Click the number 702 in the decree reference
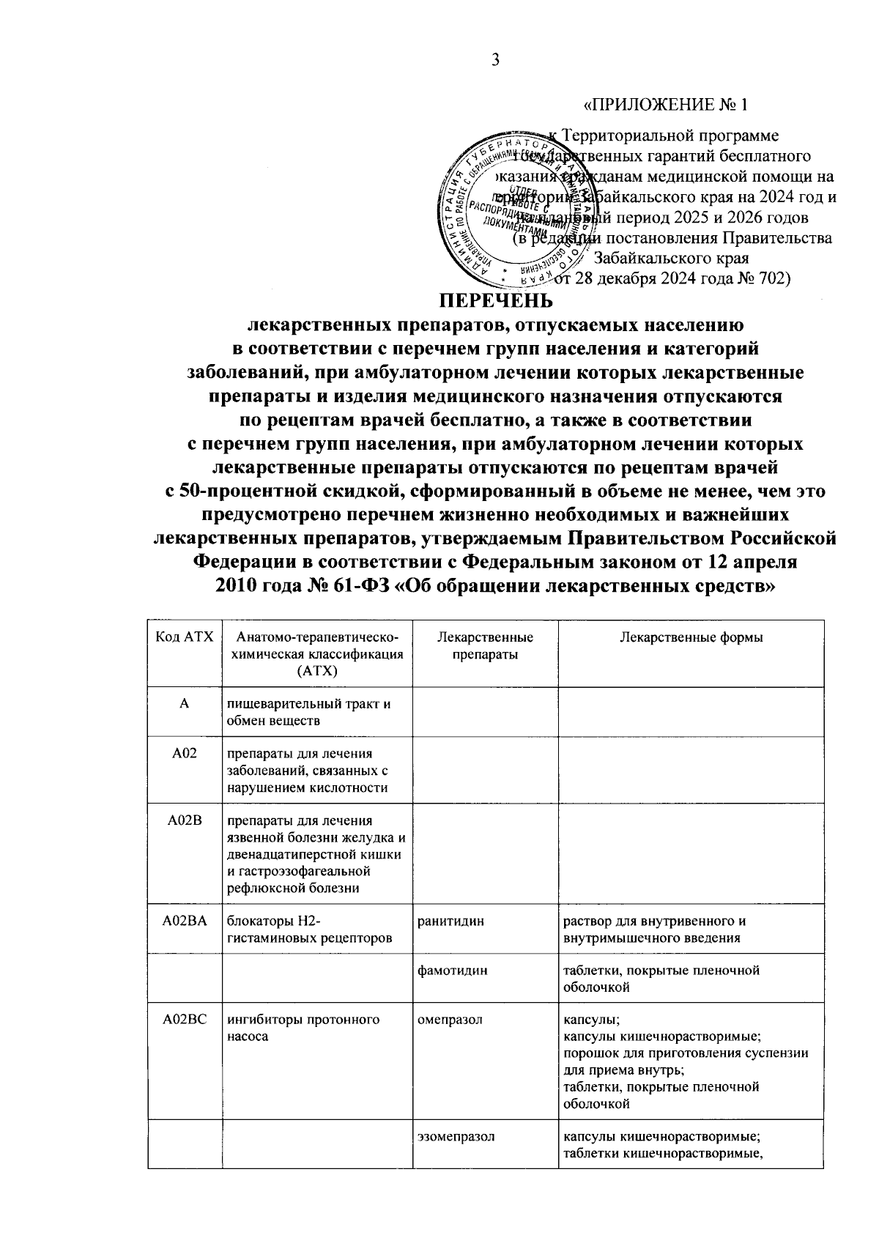768,278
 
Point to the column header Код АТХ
185,637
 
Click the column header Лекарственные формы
691,637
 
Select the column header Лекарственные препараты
484,645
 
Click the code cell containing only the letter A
185,704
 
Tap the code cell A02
185,754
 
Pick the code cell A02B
185,820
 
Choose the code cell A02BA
185,921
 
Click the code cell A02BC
185,1020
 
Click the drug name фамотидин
452,971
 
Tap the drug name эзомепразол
456,1137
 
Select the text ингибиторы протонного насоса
303,1028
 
